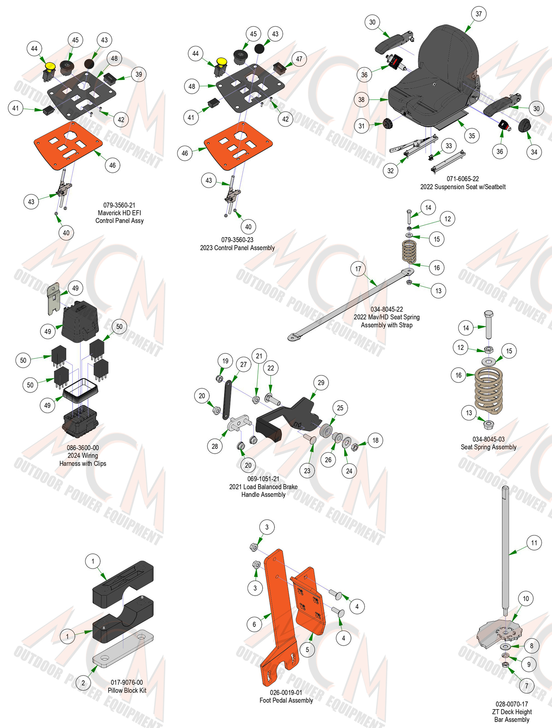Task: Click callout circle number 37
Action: (478, 14)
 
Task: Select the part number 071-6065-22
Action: (463, 179)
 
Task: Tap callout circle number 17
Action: (358, 269)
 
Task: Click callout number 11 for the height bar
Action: (534, 543)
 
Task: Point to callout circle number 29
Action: (321, 382)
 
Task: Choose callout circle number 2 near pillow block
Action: (83, 682)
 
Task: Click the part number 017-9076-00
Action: (127, 682)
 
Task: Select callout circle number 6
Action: (254, 624)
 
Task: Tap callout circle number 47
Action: (299, 59)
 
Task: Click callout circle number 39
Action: (139, 74)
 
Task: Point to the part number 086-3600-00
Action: (83, 448)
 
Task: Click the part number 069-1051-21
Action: (263, 479)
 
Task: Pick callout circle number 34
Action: (534, 152)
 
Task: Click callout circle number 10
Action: (526, 599)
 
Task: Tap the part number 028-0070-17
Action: (512, 704)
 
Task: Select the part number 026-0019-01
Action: (286, 693)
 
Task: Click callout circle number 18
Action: (375, 440)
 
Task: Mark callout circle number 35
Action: (471, 136)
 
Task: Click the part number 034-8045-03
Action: (488, 439)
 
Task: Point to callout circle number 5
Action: (307, 649)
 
